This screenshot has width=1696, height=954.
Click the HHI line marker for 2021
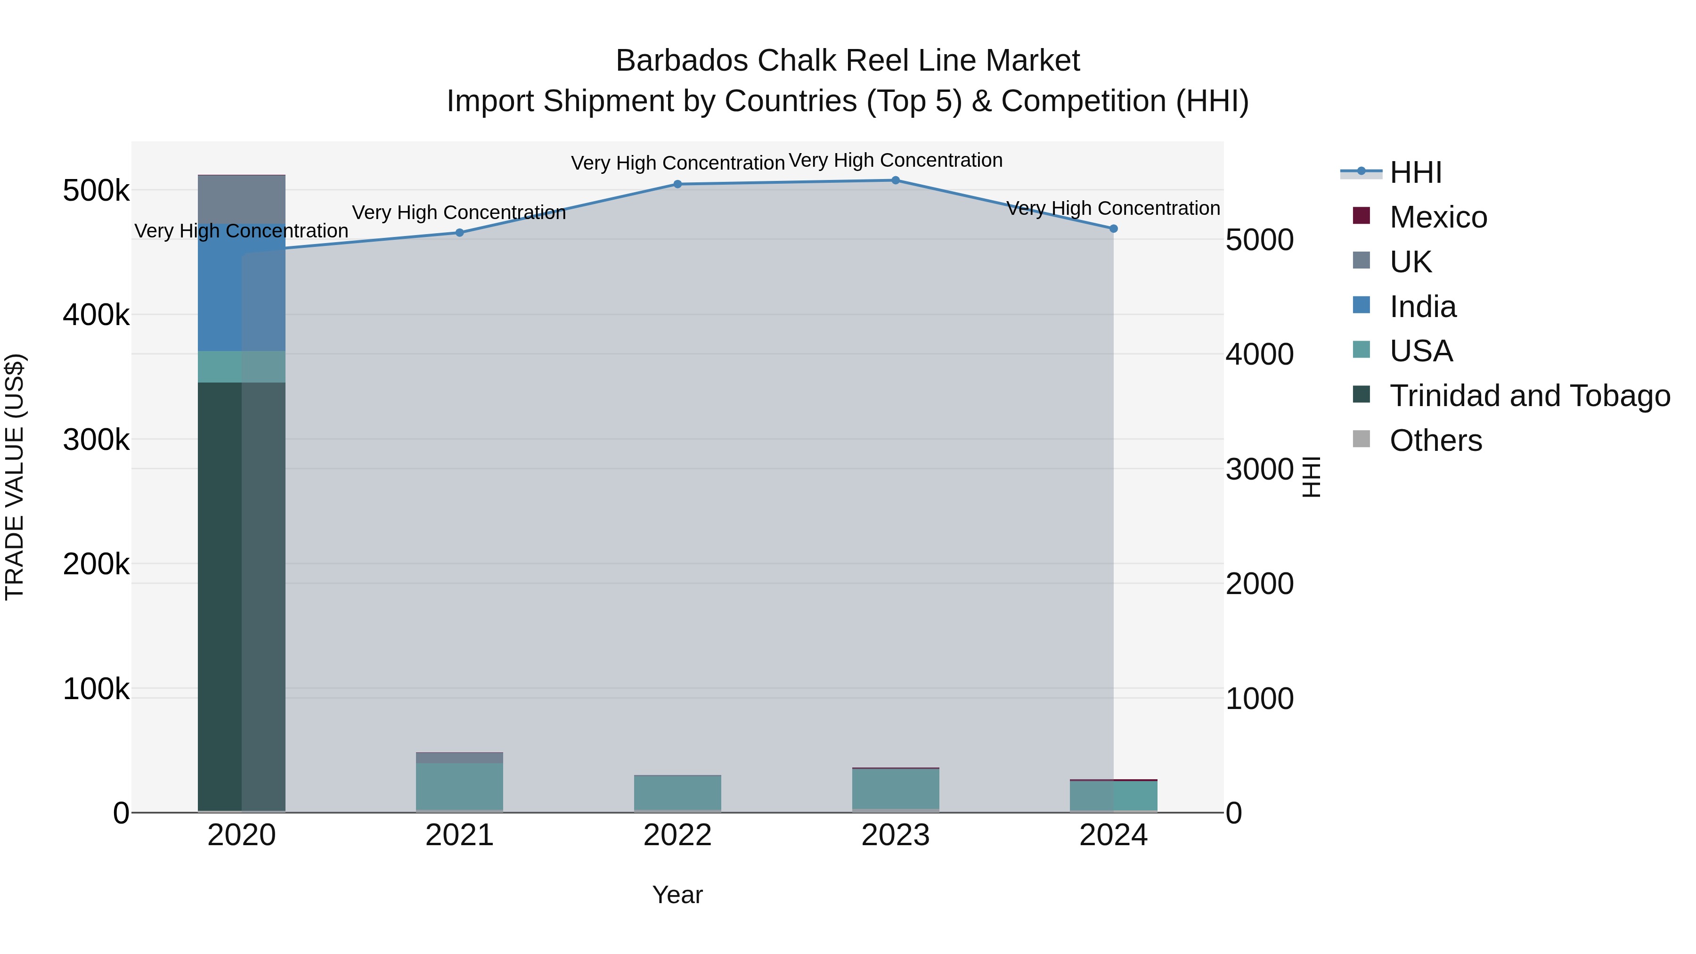(459, 232)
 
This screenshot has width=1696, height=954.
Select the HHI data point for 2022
(677, 184)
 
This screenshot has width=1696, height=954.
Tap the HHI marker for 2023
(896, 180)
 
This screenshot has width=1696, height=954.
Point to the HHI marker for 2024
(1113, 228)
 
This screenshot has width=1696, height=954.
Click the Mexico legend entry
(1437, 217)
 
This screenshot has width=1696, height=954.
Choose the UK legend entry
(1410, 262)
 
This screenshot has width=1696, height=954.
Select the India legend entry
(1422, 307)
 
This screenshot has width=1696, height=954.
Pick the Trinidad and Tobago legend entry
(1529, 396)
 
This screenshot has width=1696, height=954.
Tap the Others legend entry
(1435, 440)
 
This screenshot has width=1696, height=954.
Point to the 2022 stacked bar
(677, 793)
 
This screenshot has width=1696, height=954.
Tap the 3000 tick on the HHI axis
(1259, 469)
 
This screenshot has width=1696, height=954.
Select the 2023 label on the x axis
(896, 835)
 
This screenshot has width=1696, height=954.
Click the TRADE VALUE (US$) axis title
(15, 477)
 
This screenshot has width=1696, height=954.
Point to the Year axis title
(677, 895)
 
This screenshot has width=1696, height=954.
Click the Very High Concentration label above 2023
(896, 160)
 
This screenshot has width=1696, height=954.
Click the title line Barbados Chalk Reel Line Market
(848, 61)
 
